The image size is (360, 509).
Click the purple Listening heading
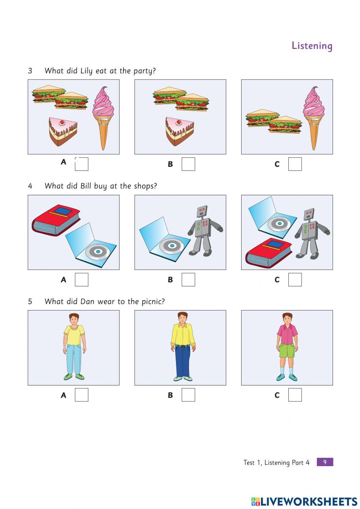click(x=312, y=46)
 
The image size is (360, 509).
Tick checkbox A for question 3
click(x=81, y=164)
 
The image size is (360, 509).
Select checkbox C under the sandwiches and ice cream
click(x=295, y=164)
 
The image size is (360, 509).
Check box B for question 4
click(x=188, y=280)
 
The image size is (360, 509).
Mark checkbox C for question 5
click(x=295, y=395)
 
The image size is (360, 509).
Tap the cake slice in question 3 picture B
click(x=180, y=131)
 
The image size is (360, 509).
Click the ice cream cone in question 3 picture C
click(x=314, y=118)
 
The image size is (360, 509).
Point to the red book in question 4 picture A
click(x=56, y=219)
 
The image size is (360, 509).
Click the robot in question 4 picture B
click(x=205, y=231)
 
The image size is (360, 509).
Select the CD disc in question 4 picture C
click(x=279, y=224)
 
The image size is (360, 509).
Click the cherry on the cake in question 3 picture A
click(x=62, y=123)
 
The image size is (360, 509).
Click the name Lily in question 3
click(x=86, y=71)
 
